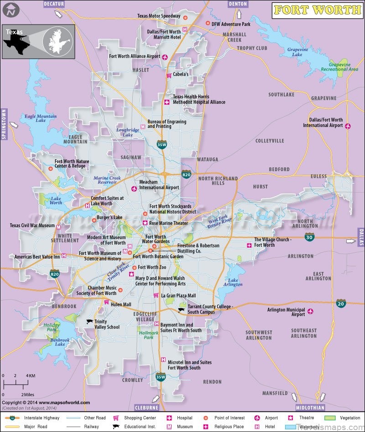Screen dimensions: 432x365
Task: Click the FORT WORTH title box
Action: [317, 10]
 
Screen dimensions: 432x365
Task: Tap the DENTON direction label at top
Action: [237, 4]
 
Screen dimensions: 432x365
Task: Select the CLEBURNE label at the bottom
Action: [147, 407]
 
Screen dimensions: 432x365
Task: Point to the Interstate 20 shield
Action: [341, 303]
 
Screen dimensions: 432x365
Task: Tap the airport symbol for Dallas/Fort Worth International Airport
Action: [348, 126]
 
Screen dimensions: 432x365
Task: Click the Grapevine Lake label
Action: [297, 52]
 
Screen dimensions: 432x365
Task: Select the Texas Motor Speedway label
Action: [159, 16]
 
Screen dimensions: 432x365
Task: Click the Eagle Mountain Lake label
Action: [41, 118]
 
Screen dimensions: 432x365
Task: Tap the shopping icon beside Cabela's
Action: [168, 75]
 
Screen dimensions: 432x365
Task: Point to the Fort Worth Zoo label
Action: [152, 267]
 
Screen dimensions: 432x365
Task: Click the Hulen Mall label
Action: [120, 305]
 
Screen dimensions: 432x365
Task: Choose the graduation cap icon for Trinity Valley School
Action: [89, 321]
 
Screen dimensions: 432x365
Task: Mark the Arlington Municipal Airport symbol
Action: [311, 311]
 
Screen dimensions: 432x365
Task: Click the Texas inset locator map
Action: [38, 41]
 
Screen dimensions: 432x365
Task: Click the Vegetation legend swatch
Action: [330, 417]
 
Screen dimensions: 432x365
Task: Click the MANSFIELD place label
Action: [275, 393]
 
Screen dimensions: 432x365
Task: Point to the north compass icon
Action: [10, 9]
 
